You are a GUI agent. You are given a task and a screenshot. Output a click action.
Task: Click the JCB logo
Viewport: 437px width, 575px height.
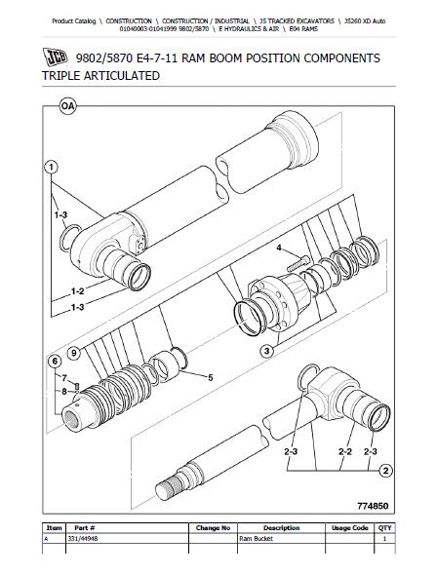click(x=56, y=57)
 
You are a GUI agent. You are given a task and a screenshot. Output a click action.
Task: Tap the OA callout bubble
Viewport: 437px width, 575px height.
click(x=67, y=106)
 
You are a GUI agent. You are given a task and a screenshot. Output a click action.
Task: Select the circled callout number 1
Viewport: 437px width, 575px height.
click(x=51, y=168)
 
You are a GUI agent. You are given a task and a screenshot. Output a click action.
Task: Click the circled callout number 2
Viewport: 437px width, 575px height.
click(x=385, y=471)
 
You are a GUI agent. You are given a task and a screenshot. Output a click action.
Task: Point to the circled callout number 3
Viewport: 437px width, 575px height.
click(x=266, y=351)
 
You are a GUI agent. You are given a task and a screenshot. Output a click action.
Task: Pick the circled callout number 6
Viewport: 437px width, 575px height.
click(x=55, y=362)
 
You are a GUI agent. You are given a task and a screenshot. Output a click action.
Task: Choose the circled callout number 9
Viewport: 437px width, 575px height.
click(x=74, y=353)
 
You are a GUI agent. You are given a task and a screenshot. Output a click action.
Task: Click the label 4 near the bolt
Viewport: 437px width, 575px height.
click(x=279, y=249)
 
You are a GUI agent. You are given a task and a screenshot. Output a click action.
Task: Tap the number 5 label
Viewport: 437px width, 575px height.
click(x=211, y=378)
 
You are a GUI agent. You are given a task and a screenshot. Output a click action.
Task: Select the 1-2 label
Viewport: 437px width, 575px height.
click(x=77, y=291)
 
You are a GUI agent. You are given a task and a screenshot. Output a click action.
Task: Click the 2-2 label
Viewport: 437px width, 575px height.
click(x=345, y=452)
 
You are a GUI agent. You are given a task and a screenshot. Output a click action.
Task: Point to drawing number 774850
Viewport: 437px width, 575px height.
click(x=373, y=506)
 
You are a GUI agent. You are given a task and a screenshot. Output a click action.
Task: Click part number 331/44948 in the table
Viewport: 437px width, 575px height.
click(x=83, y=539)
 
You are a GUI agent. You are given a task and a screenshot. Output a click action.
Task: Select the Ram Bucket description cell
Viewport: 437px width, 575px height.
click(x=256, y=539)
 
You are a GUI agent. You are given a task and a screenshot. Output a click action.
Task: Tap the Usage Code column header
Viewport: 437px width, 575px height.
click(x=349, y=528)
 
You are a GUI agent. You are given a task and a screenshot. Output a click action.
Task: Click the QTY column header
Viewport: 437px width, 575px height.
click(x=385, y=528)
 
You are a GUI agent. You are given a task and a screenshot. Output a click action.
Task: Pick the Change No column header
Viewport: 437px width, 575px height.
click(x=213, y=528)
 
